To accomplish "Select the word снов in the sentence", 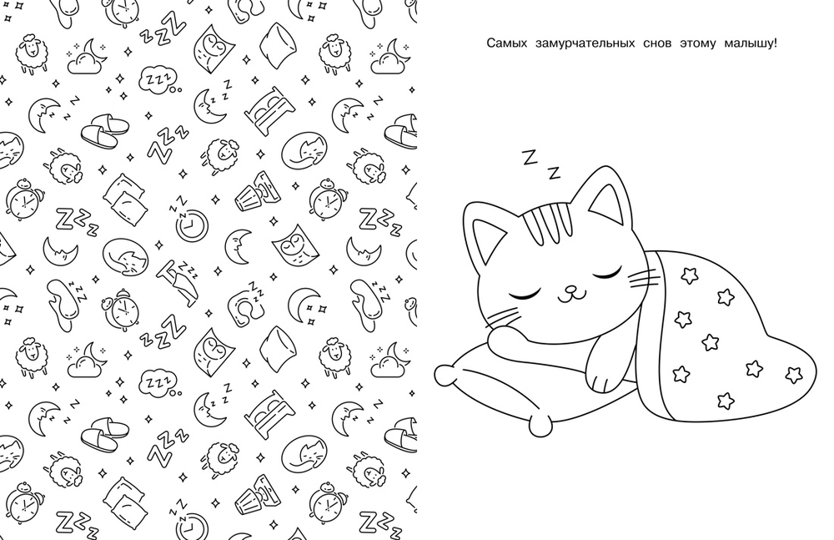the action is click(657, 43).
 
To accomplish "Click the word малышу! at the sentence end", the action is click(751, 43).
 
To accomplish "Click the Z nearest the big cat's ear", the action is click(555, 173).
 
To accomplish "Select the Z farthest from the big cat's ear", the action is click(530, 158).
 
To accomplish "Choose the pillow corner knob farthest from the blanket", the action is click(445, 375).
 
